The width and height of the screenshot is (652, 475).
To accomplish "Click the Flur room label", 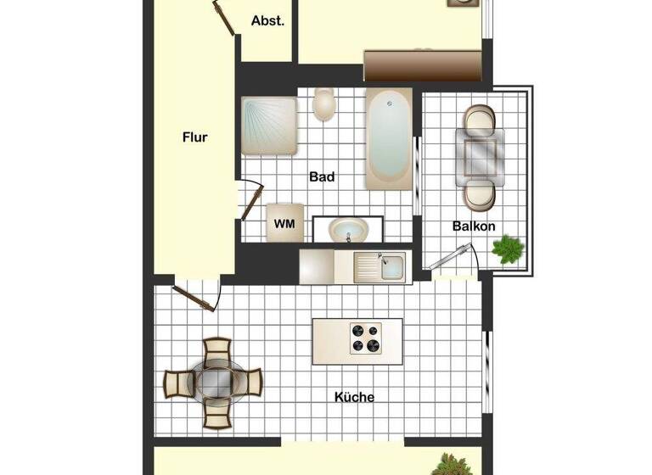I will coord(194,137).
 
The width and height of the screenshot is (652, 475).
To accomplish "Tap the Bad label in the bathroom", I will coord(322,177).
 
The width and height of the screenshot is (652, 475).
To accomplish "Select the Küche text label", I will coord(354,397).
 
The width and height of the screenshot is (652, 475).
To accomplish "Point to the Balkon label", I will coord(474,226).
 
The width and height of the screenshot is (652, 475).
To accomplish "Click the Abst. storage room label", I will coord(267,21).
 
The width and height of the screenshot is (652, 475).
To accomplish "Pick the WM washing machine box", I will coord(284,223).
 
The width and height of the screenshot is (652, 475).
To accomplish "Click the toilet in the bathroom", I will coord(323,105).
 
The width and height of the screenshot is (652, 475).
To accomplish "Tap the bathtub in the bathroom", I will coord(389,138).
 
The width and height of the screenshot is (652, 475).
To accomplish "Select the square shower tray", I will coord(268,126).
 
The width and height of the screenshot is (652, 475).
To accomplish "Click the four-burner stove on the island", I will coord(366,338).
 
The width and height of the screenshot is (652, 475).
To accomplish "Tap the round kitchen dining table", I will coord(215,381).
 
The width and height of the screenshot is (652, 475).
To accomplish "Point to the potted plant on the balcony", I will coord(508,249).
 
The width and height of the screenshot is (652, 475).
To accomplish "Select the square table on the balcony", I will coord(480,153).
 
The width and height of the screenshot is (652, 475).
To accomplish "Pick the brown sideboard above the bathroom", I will coord(423,65).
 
